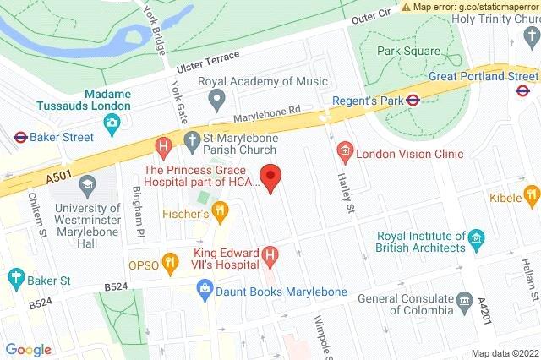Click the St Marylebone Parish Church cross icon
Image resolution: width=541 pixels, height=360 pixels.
click(x=193, y=140)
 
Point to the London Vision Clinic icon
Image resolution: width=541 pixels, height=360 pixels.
click(x=344, y=154)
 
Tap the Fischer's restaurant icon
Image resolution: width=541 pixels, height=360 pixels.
click(x=221, y=210)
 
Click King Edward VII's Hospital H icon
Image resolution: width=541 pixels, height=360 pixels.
click(x=270, y=253)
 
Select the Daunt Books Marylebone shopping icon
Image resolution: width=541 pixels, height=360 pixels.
click(x=204, y=291)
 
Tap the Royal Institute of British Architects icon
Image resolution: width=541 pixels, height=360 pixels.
click(x=475, y=238)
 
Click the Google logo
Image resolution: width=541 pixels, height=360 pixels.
click(x=29, y=349)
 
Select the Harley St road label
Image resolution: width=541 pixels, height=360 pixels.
click(x=343, y=194)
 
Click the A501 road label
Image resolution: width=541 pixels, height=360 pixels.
click(x=35, y=178)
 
